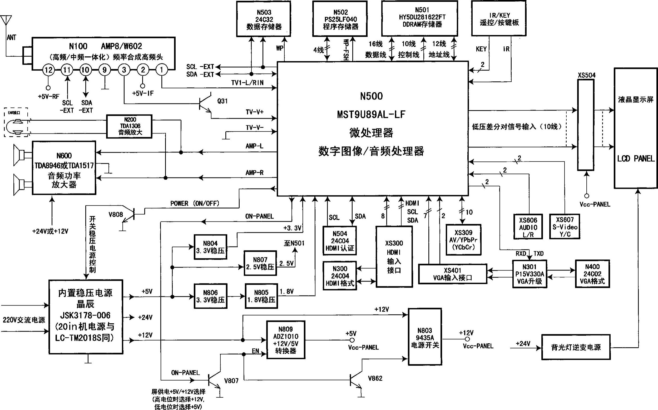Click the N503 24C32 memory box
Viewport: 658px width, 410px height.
[x=264, y=19]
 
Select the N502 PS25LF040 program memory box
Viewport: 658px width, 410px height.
[x=340, y=19]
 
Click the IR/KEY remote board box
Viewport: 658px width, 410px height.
[x=499, y=18]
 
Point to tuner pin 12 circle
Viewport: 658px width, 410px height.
[x=48, y=70]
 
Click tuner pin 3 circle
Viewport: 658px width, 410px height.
[x=124, y=70]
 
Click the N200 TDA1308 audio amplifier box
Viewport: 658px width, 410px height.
[x=129, y=126]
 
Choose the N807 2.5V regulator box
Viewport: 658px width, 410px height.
[x=260, y=263]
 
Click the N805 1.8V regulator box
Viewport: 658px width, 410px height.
[x=261, y=296]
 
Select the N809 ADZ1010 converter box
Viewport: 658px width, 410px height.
[x=286, y=340]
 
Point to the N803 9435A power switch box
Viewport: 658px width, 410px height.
[x=425, y=337]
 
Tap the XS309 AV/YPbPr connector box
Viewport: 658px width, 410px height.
[x=463, y=240]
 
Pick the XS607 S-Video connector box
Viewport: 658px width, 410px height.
[x=565, y=227]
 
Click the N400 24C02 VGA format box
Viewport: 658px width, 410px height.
[x=592, y=274]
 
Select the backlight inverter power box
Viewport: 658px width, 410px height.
[x=576, y=347]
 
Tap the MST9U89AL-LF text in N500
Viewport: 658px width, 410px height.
[x=371, y=115]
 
